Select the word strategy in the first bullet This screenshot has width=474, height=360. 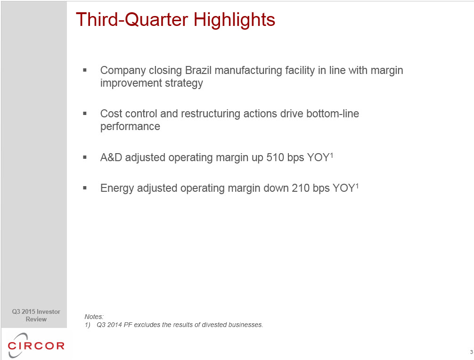[x=184, y=83]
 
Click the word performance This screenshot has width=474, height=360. [x=130, y=127]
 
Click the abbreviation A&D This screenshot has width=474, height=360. [x=111, y=157]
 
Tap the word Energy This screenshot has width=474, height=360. [x=117, y=188]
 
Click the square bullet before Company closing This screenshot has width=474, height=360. [x=85, y=70]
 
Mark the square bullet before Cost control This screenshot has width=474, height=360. [x=85, y=114]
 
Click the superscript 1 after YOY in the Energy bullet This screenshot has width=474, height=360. [x=357, y=186]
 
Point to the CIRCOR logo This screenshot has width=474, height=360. [x=36, y=345]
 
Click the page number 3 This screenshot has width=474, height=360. [x=471, y=352]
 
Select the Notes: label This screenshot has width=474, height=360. [x=94, y=317]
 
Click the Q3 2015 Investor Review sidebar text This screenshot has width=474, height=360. [x=36, y=315]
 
